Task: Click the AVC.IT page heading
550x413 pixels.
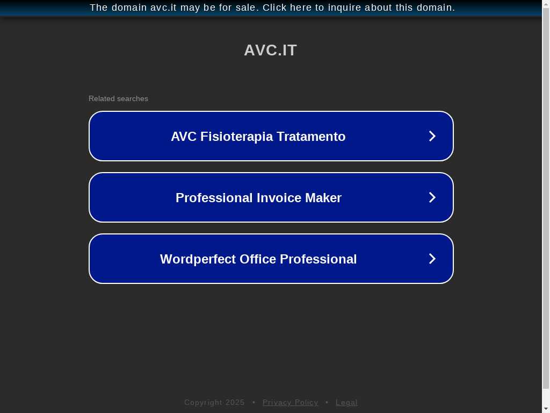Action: pos(271,50)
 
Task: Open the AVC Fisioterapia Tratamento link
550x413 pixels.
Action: pos(271,136)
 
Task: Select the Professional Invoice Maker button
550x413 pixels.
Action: pos(271,197)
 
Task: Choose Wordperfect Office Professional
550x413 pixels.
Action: pos(271,259)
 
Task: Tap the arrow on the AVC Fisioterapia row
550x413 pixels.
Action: pos(432,136)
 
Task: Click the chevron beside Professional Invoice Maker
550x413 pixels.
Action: pos(432,197)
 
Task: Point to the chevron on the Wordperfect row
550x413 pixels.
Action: pos(432,259)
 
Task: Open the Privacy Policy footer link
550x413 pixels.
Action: pos(291,402)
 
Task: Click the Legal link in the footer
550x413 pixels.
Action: pos(346,402)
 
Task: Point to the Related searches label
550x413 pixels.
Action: pos(118,99)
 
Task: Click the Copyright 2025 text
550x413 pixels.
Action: pos(214,402)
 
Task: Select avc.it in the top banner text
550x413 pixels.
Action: pos(163,8)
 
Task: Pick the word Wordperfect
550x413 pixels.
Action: pos(198,259)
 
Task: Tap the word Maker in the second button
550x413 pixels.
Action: pos(323,198)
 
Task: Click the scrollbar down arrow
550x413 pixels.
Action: pos(546,409)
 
